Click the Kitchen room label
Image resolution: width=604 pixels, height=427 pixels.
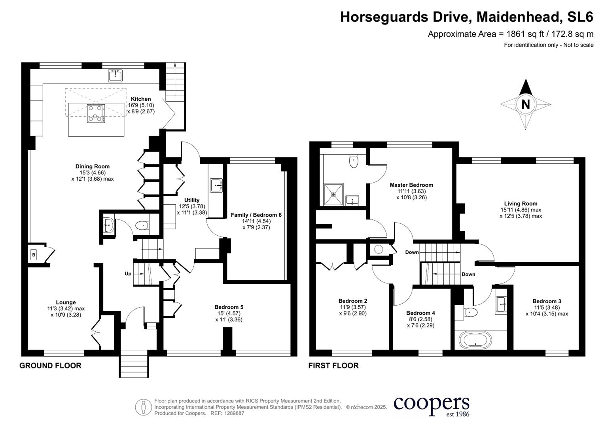[141, 99]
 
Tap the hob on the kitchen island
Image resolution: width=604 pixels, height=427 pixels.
[96, 113]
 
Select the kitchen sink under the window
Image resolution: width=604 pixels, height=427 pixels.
[115, 76]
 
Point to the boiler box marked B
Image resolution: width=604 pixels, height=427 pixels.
[34, 255]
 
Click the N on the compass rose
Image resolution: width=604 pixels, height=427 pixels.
[526, 104]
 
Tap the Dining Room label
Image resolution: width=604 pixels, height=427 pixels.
[93, 166]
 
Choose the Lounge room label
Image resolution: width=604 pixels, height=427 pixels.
[66, 302]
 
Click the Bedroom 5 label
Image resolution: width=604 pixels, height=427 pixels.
[229, 307]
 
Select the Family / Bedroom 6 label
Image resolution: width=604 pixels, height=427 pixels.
[256, 215]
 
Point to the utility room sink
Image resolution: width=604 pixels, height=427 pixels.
[216, 185]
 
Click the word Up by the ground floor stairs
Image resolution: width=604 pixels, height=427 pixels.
[128, 274]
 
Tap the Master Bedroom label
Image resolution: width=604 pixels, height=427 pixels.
[411, 185]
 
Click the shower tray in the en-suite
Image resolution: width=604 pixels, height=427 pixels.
[333, 195]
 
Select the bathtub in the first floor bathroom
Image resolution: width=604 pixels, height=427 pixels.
[475, 340]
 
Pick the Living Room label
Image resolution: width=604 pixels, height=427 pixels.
[521, 204]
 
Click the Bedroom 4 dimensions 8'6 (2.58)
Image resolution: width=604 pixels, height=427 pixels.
[420, 319]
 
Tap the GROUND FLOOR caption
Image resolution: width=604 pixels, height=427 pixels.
[50, 366]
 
